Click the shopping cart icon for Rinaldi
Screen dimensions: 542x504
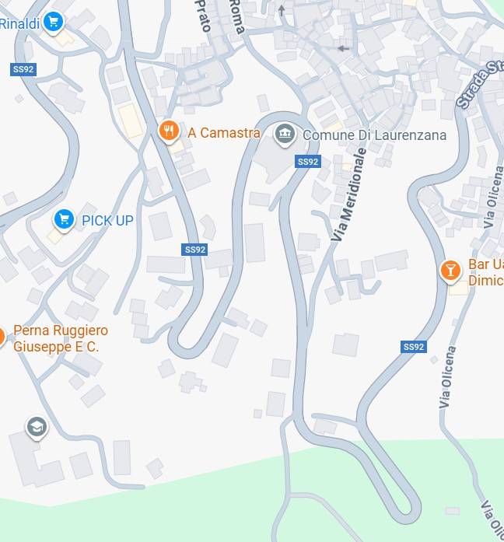pyautogui.click(x=53, y=22)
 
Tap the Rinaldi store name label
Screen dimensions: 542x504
pyautogui.click(x=19, y=24)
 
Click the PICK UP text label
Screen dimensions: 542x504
pyautogui.click(x=107, y=221)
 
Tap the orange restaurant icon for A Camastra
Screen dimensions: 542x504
pyautogui.click(x=169, y=131)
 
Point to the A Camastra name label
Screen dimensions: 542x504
pyautogui.click(x=224, y=133)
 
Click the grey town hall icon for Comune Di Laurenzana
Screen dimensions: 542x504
pyautogui.click(x=285, y=134)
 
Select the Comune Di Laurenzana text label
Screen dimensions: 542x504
pyautogui.click(x=374, y=135)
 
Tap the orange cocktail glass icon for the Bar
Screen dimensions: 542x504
pyautogui.click(x=450, y=271)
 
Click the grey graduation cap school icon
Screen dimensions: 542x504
pyautogui.click(x=36, y=427)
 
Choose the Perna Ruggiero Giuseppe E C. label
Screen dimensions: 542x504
pyautogui.click(x=60, y=338)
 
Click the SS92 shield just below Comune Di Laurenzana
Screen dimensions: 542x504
pyautogui.click(x=308, y=162)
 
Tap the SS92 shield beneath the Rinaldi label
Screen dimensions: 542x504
pyautogui.click(x=23, y=69)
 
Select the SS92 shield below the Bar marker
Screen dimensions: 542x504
pyautogui.click(x=414, y=347)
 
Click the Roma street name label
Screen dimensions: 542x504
pyautogui.click(x=236, y=16)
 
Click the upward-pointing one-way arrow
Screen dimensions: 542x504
pyautogui.click(x=282, y=10)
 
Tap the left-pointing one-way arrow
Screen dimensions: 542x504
pyautogui.click(x=343, y=48)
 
